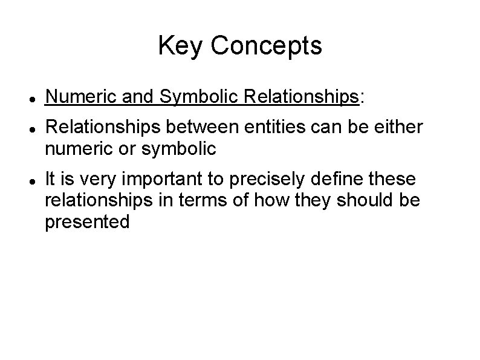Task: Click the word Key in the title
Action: (178, 46)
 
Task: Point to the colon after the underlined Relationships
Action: (362, 97)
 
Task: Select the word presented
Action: (87, 222)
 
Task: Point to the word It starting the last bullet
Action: (51, 179)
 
